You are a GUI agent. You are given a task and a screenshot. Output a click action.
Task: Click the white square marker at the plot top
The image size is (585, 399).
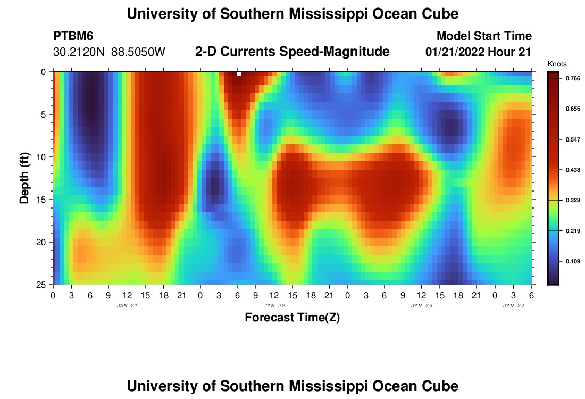point(239,74)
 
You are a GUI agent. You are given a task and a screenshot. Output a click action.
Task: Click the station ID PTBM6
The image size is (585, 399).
point(73,36)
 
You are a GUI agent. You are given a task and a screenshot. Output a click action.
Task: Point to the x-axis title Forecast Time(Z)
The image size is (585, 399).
point(292,318)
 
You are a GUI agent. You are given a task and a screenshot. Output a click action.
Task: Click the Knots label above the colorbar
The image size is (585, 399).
point(557,64)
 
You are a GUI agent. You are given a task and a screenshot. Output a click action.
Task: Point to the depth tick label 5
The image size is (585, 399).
point(45,114)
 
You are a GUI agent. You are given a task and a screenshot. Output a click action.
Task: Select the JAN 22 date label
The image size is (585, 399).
point(274,306)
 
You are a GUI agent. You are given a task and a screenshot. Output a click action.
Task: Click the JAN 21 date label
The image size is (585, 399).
point(127,306)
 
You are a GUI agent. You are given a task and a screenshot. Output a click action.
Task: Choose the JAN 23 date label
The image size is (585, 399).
point(422,306)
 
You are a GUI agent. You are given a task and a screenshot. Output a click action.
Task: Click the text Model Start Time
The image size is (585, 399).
point(484,36)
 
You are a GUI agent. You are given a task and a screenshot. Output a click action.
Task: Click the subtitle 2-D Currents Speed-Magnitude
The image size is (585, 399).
point(292,52)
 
